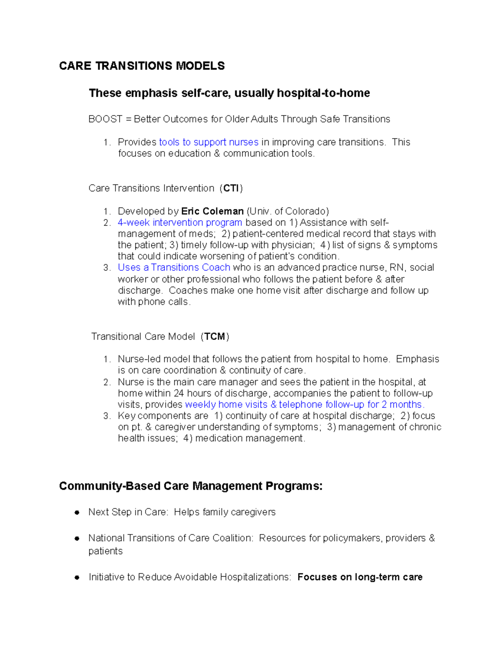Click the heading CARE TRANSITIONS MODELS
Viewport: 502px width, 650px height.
pyautogui.click(x=142, y=66)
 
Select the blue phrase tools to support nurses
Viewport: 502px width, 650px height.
pyautogui.click(x=209, y=142)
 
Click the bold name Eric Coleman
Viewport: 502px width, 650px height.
pyautogui.click(x=212, y=211)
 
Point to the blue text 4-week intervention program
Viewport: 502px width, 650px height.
pyautogui.click(x=180, y=223)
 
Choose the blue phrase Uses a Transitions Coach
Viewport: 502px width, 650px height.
pyautogui.click(x=174, y=267)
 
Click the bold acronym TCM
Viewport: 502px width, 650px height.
pyautogui.click(x=215, y=337)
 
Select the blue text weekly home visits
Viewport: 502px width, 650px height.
pyautogui.click(x=226, y=405)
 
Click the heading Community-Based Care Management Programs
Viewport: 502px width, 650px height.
pyautogui.click(x=191, y=486)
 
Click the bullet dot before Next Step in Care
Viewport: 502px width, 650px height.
pyautogui.click(x=77, y=512)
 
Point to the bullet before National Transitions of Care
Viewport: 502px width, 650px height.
pyautogui.click(x=77, y=538)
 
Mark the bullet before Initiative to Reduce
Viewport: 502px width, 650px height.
pyautogui.click(x=77, y=577)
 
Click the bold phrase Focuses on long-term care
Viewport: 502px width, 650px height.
pyautogui.click(x=360, y=577)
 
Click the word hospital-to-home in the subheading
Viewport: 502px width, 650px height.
pyautogui.click(x=323, y=93)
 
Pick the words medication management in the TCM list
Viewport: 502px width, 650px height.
pyautogui.click(x=249, y=438)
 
